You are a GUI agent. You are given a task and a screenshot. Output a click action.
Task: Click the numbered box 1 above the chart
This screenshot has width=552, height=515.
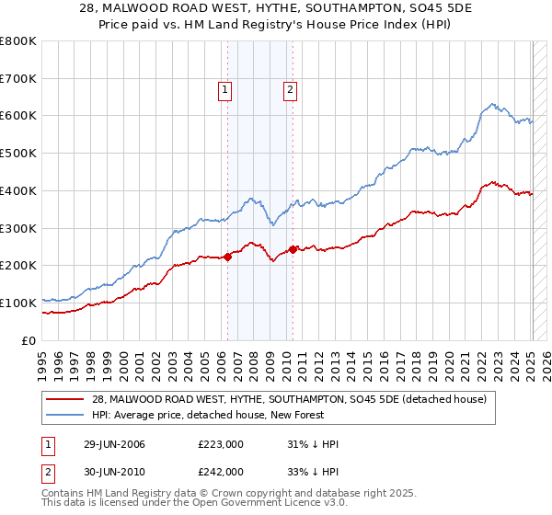[225, 89]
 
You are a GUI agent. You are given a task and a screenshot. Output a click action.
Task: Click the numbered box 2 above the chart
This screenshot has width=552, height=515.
[290, 89]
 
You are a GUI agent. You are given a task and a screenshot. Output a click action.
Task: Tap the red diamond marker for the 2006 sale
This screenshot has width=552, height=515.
[228, 257]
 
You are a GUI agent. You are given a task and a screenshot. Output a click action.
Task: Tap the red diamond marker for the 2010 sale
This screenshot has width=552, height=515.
[293, 249]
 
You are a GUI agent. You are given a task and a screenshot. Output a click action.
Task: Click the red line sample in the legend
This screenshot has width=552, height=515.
[67, 398]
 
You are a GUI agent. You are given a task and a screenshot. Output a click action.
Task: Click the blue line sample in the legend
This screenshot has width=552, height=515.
[67, 415]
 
